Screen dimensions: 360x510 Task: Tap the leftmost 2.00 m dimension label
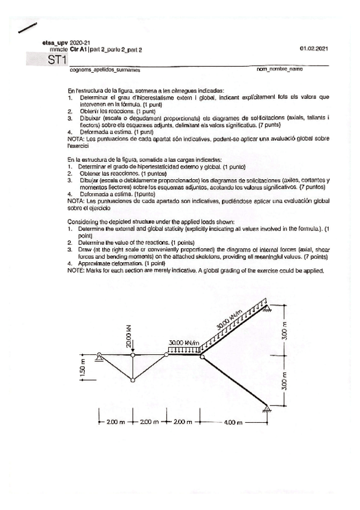click(x=115, y=422)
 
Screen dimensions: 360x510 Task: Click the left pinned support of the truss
click(x=99, y=358)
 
